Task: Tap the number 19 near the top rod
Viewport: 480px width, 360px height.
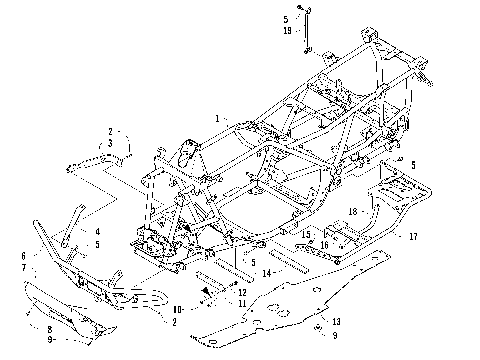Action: tap(286, 31)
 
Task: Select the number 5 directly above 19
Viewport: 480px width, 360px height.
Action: tap(285, 19)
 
